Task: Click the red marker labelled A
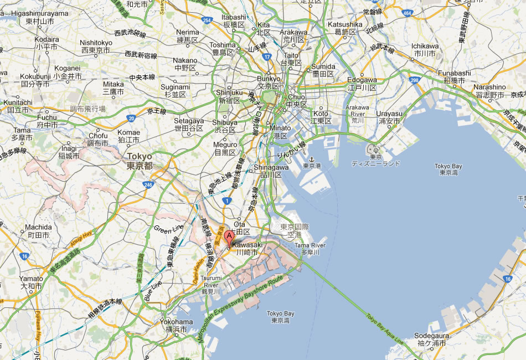point(229,236)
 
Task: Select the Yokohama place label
point(176,325)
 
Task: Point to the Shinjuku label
point(229,96)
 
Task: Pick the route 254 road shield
point(207,20)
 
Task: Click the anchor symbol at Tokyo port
point(311,159)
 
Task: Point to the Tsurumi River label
point(211,284)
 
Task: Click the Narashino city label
point(489,91)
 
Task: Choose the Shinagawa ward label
point(271,171)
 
